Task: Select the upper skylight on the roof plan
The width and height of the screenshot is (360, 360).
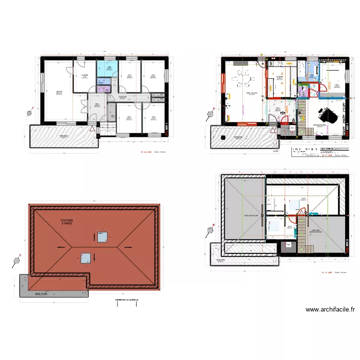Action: pos(101,237)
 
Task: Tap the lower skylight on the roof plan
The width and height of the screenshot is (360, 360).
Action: pos(86,258)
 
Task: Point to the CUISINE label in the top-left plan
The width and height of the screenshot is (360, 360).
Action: pos(84,75)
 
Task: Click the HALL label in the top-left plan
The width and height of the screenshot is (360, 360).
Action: pos(97,105)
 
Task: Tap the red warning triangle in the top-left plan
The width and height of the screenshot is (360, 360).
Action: pos(92,129)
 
